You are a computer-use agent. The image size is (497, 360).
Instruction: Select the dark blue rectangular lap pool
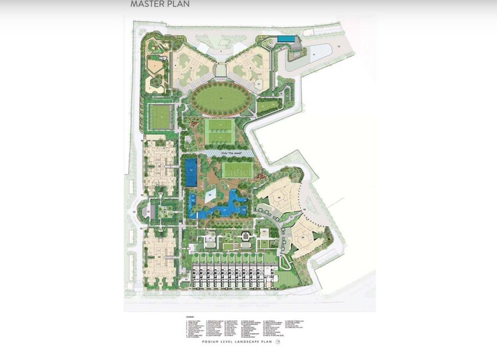pyautogui.click(x=191, y=173)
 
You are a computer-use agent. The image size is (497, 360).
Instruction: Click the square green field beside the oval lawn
pyautogui.click(x=160, y=116)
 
